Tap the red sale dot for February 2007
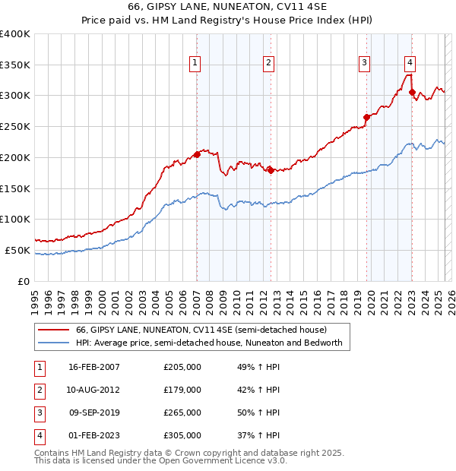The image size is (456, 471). pyautogui.click(x=197, y=154)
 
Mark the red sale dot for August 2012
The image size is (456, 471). pyautogui.click(x=271, y=170)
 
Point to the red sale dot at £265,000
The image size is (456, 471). pyautogui.click(x=366, y=117)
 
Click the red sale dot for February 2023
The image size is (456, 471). pyautogui.click(x=412, y=92)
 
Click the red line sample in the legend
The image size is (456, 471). pyautogui.click(x=52, y=330)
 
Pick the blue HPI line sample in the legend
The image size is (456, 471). pyautogui.click(x=52, y=343)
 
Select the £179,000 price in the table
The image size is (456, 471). pyautogui.click(x=182, y=390)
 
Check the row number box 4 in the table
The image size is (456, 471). pyautogui.click(x=38, y=436)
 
